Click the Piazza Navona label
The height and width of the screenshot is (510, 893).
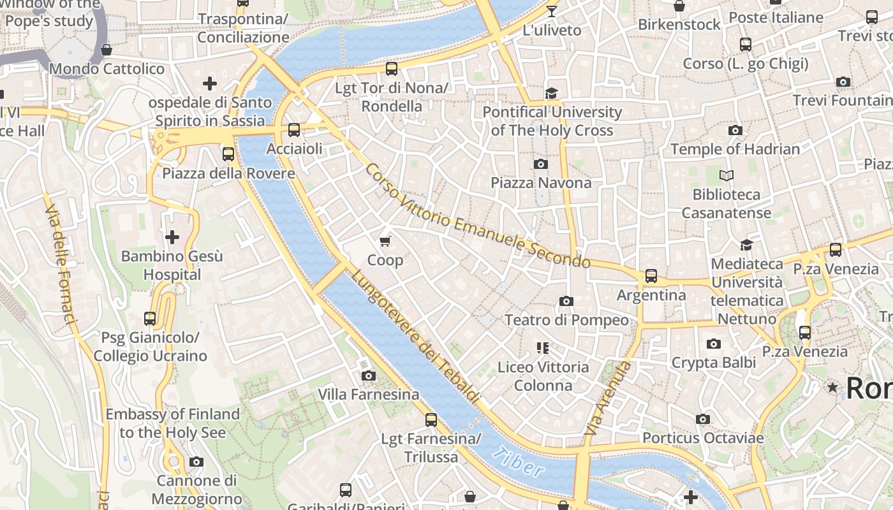tap(541, 183)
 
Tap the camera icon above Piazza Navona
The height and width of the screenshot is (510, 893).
tap(541, 164)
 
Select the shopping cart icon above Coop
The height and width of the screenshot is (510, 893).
tap(385, 241)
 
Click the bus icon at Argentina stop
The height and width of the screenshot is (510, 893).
tap(651, 276)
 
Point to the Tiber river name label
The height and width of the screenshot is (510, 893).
tap(519, 462)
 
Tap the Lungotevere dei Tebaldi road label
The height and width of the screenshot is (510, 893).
tap(415, 338)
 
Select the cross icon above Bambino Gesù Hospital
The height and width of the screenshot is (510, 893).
tap(172, 237)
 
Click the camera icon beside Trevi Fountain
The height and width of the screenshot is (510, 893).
tap(843, 82)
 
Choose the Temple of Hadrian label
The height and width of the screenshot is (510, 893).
tap(735, 149)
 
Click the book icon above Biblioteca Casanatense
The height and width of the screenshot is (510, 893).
tap(726, 175)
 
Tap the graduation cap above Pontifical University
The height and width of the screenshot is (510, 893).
tap(551, 94)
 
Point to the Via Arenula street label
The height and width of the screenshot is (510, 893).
tap(608, 399)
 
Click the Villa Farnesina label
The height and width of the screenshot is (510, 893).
tap(369, 395)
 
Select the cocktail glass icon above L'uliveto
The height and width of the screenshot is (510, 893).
tap(552, 11)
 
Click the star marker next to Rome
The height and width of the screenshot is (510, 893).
tap(832, 387)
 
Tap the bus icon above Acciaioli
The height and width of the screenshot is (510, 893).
tap(294, 130)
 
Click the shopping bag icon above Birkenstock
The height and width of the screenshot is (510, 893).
tap(679, 6)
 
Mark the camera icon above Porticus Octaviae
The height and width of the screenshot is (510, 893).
tap(702, 419)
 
